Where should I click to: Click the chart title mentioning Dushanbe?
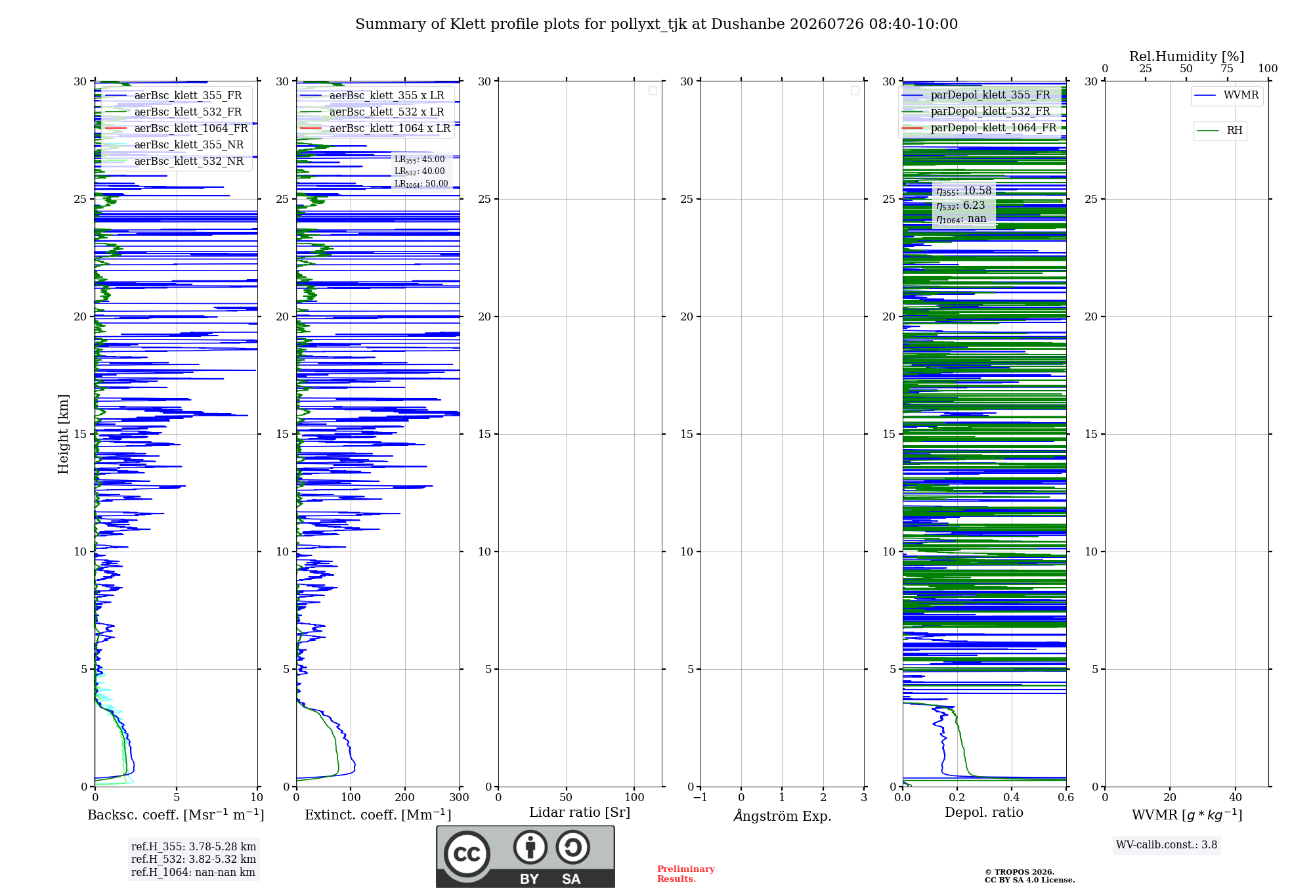(656, 24)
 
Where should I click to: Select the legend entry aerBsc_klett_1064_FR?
(176, 128)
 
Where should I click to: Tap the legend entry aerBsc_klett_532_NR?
(174, 161)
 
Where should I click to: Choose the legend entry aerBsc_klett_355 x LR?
(372, 95)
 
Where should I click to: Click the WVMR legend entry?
(1226, 95)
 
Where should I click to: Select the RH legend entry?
(1220, 131)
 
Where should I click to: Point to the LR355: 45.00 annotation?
(420, 160)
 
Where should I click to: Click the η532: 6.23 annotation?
(960, 205)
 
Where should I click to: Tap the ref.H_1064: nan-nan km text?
(193, 872)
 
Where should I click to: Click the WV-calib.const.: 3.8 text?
(1167, 845)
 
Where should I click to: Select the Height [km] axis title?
(63, 434)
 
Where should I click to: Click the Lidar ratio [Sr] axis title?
(580, 812)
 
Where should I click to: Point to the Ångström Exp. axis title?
(783, 815)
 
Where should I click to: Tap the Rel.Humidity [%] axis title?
(1187, 56)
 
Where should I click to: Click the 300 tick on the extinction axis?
(460, 797)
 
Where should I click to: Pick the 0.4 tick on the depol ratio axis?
(1012, 797)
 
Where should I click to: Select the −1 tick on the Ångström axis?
(700, 797)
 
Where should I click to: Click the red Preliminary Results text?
(686, 874)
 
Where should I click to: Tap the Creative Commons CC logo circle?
(467, 854)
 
